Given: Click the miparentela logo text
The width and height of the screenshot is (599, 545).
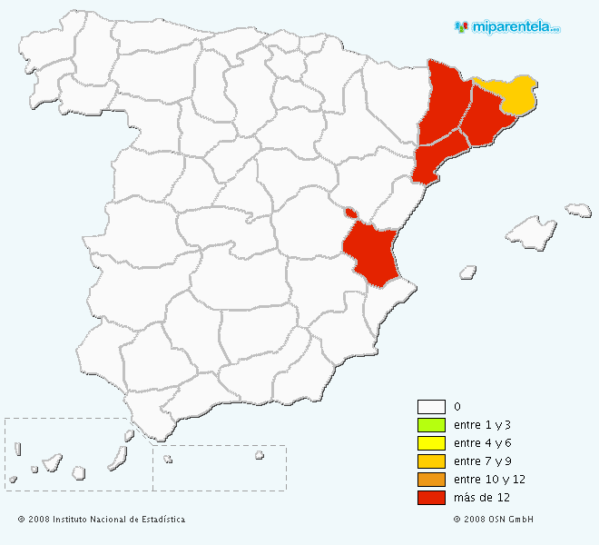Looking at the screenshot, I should (514, 27).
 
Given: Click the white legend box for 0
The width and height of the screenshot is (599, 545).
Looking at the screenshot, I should (431, 407).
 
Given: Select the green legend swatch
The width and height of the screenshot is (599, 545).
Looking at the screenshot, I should (431, 425).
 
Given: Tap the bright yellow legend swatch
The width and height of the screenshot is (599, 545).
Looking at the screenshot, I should (431, 443).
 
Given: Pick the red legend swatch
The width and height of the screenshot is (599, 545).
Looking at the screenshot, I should (431, 498).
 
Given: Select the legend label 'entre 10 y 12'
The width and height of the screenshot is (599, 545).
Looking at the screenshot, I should (489, 480).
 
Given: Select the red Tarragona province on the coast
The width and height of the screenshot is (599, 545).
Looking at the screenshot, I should (437, 158).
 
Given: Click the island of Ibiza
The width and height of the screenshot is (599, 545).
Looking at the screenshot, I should (467, 271).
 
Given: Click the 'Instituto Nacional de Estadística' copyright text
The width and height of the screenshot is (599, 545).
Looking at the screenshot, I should (102, 520).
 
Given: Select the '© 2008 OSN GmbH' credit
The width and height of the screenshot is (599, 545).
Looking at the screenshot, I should (493, 520).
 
